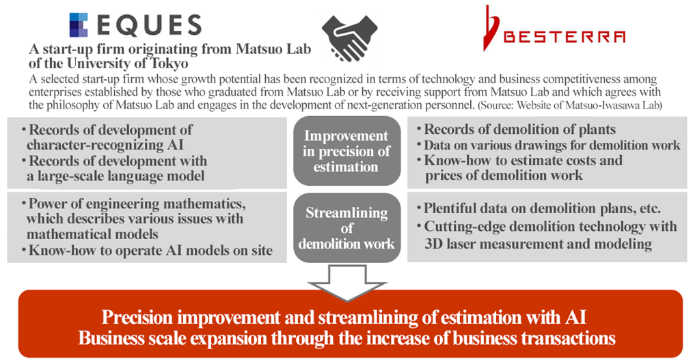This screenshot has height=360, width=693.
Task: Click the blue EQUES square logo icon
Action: click(79, 25)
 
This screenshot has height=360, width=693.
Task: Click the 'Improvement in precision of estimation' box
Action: click(346, 151)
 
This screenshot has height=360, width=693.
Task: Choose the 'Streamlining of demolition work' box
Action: click(346, 228)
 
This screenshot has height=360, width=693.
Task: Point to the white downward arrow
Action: click(347, 283)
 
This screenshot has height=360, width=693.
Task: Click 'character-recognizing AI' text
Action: click(105, 145)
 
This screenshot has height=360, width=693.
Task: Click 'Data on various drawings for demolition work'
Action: click(552, 146)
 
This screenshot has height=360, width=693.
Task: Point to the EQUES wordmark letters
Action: click(148, 25)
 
